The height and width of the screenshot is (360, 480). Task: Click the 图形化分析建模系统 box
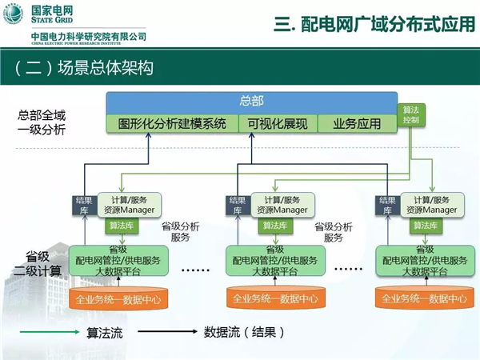tap(172, 124)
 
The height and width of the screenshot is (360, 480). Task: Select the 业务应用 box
tap(357, 124)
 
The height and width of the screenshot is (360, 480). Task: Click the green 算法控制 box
tap(410, 114)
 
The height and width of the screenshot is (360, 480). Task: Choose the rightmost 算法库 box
tap(425, 226)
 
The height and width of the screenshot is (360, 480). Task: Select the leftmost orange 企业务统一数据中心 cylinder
tap(114, 298)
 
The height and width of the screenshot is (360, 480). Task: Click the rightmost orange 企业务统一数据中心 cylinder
tap(423, 298)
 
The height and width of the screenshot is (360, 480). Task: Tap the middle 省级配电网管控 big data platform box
tap(276, 260)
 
